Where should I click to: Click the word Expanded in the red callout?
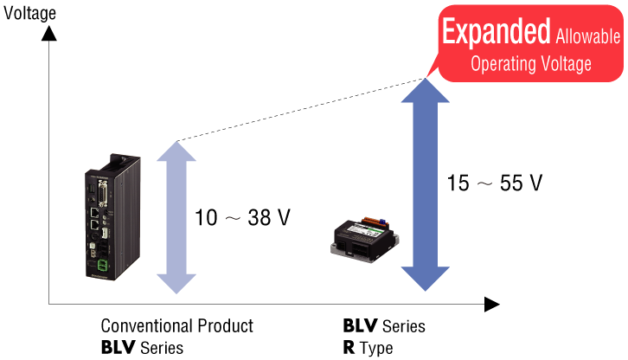[x=496, y=31]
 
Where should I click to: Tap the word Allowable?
[x=588, y=36]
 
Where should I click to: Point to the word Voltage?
[x=566, y=64]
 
